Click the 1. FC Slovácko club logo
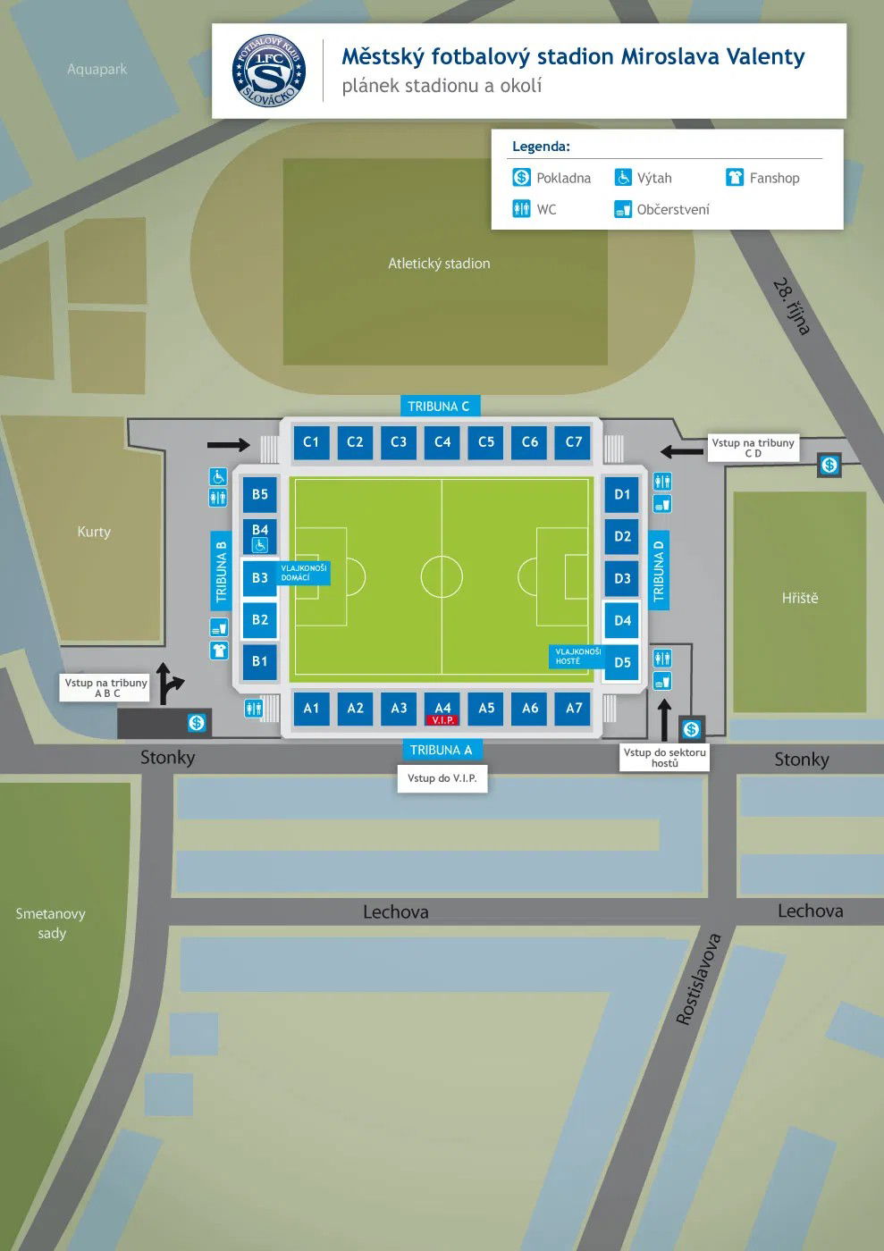[x=268, y=71]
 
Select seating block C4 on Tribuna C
[x=442, y=441]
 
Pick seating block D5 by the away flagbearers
[x=622, y=662]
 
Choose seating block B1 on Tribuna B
[x=260, y=661]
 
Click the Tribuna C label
[x=438, y=407]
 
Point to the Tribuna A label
[x=441, y=750]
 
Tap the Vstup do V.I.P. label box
[x=442, y=778]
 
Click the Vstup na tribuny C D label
[x=753, y=448]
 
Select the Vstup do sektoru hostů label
[x=664, y=758]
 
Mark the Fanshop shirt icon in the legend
[x=735, y=178]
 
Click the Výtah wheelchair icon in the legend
[x=623, y=178]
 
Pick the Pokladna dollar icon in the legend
[x=522, y=178]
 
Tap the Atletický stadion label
[x=439, y=264]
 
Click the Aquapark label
[x=97, y=69]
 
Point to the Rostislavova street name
[x=698, y=979]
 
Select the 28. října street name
[x=791, y=306]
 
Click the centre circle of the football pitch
[x=442, y=576]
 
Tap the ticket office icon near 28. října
[x=829, y=465]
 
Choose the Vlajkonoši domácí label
[x=304, y=573]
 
